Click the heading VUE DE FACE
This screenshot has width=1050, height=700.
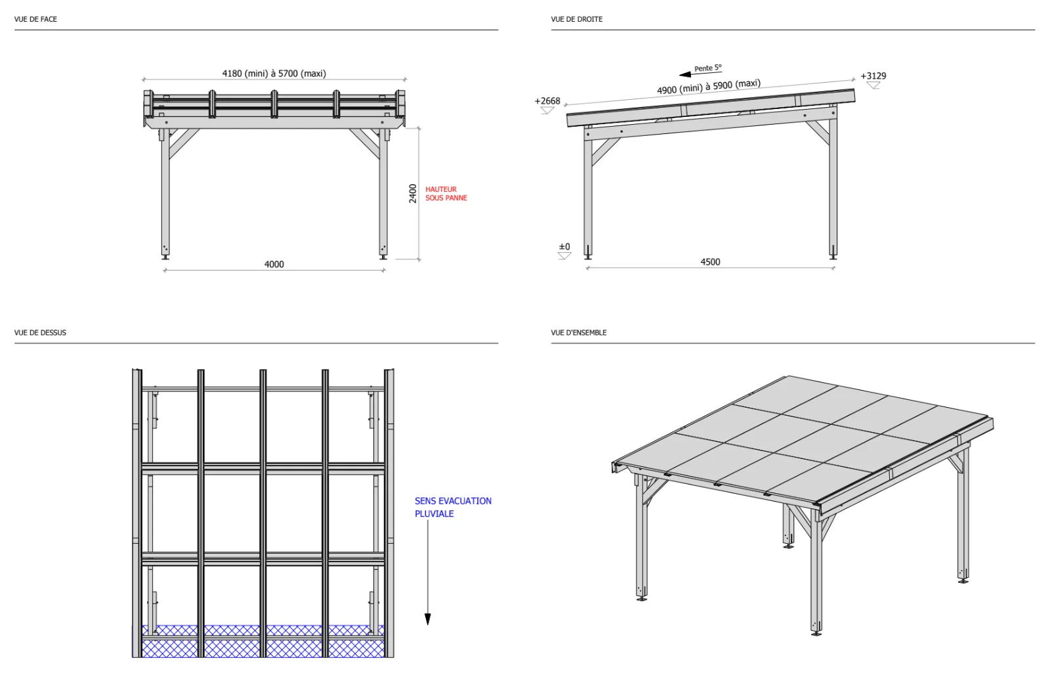point(35,19)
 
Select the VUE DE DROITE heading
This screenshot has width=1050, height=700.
point(577,19)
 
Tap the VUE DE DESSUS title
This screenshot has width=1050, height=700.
point(40,333)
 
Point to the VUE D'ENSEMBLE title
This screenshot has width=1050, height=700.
point(578,333)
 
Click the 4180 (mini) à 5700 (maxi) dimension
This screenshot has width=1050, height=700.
point(274,74)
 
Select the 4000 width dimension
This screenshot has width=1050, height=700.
point(274,264)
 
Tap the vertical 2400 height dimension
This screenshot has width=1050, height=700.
point(413,193)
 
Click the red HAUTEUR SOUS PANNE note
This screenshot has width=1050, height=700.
point(446,193)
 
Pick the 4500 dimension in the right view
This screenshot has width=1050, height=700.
point(710,262)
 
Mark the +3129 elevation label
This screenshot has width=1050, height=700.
point(873,76)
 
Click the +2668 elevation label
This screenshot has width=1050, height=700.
point(547,101)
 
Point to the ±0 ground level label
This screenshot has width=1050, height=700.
point(564,246)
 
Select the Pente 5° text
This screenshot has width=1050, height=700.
point(708,68)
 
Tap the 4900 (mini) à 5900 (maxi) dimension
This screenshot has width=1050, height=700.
point(709,87)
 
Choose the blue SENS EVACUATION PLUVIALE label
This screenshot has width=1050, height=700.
point(453,507)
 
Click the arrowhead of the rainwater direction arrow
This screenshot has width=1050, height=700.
point(427,619)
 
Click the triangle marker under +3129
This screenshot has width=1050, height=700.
point(873,85)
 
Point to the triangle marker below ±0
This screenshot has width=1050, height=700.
point(564,255)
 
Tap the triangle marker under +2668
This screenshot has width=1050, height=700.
point(547,110)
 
